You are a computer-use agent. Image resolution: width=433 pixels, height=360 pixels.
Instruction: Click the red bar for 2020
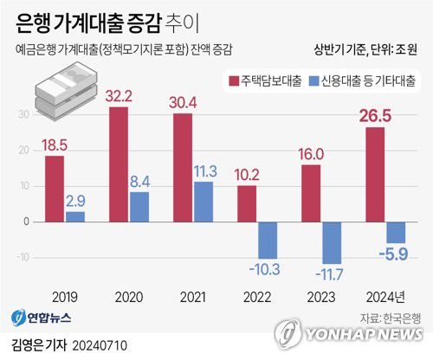point(119,164)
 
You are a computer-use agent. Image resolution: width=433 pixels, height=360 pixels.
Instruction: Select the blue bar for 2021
point(204,202)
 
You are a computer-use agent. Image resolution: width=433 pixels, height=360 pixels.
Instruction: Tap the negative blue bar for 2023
point(333,242)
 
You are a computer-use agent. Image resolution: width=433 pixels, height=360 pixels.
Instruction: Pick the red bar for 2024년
point(375,175)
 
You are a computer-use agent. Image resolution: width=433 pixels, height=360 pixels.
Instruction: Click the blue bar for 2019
point(75,216)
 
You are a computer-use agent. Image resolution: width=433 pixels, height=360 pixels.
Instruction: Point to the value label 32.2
point(119,96)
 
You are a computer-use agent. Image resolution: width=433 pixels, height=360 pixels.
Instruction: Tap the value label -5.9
point(396,254)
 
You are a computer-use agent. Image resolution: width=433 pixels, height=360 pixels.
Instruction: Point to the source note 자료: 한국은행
point(390,316)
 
